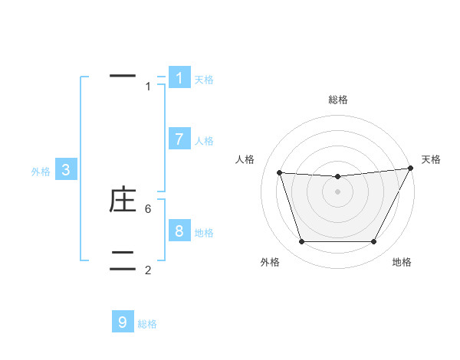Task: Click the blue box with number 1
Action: click(x=179, y=77)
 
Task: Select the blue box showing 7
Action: click(x=179, y=139)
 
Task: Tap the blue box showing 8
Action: click(x=179, y=231)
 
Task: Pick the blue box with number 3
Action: click(x=66, y=170)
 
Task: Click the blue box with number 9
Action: click(x=123, y=322)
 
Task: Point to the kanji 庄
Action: click(x=123, y=200)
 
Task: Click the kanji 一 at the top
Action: click(x=123, y=76)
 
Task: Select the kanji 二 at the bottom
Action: click(x=123, y=260)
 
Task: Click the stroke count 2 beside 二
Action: click(x=148, y=270)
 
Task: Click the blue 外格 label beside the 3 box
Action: click(x=41, y=172)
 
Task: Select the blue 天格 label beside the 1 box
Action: click(x=204, y=80)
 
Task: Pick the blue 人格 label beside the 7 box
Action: click(x=204, y=141)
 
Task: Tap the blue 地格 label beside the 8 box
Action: click(x=204, y=233)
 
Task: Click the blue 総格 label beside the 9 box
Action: click(x=147, y=324)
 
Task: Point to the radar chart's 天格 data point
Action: click(x=411, y=169)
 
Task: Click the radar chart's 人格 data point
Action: click(x=279, y=173)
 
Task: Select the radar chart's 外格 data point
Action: click(x=301, y=242)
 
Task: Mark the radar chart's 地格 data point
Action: click(x=373, y=242)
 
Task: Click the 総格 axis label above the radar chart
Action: click(x=337, y=100)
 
